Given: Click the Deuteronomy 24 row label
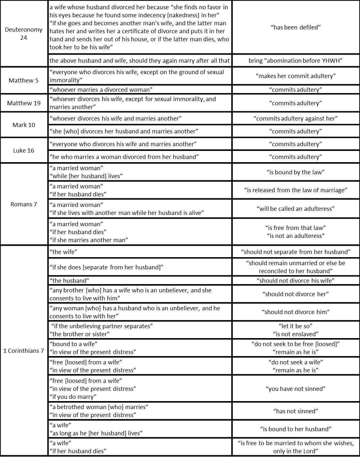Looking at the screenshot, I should tap(24, 34).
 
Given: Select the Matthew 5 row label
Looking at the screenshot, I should tap(24, 80).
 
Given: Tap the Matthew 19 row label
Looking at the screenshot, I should tap(24, 103).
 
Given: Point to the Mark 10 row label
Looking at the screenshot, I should tap(24, 125).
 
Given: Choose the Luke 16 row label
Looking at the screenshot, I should tap(24, 150).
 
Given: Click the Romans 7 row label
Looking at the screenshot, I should tap(24, 204).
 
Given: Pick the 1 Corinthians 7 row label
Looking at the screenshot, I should tap(24, 351).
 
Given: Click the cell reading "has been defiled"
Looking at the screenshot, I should tap(295, 27).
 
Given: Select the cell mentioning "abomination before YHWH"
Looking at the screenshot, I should tap(295, 60).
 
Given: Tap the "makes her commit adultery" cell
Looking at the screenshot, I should tap(295, 76).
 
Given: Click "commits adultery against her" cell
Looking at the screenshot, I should tap(295, 118).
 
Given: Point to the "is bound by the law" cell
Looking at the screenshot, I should tap(295, 172).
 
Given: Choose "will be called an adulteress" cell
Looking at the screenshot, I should tap(295, 209).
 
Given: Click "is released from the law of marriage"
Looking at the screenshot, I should tap(295, 190).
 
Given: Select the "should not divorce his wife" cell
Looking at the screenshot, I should tap(295, 281).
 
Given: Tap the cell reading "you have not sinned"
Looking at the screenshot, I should tap(295, 389).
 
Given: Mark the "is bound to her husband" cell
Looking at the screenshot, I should tap(295, 429).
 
